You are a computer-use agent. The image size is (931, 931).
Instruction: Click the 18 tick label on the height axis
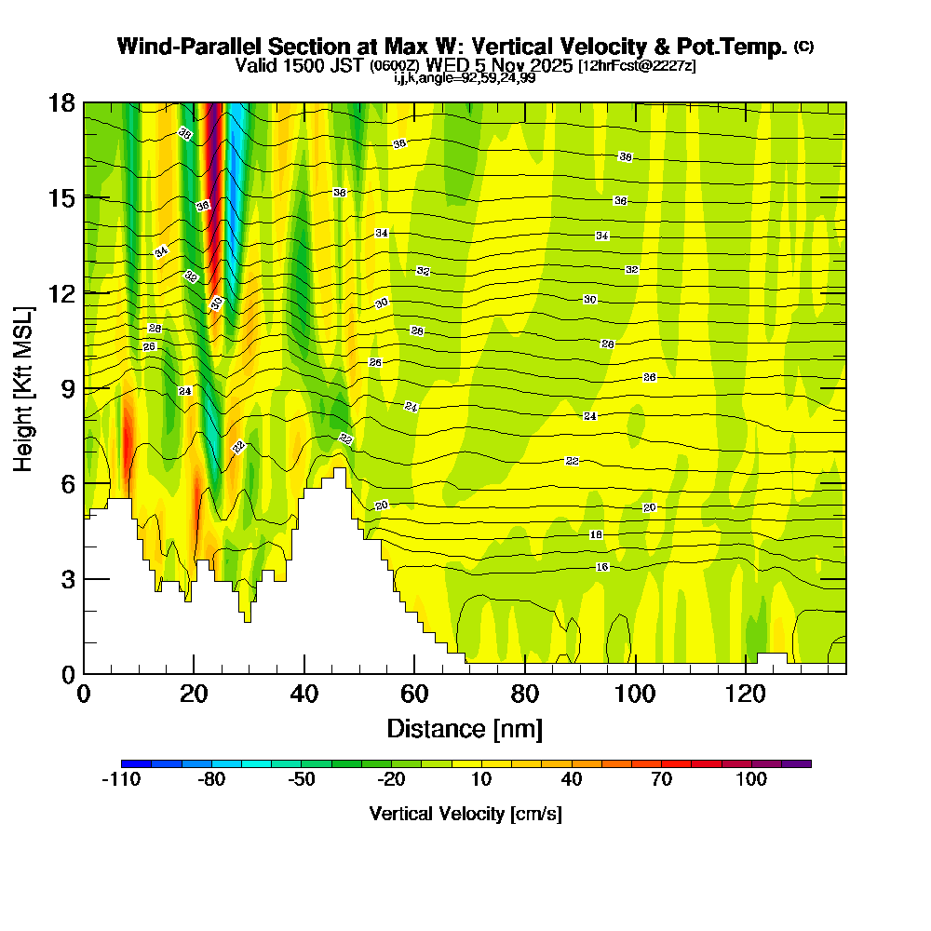[61, 102]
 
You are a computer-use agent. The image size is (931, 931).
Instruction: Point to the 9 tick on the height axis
[84, 388]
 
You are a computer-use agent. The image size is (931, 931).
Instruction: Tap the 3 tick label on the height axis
[67, 579]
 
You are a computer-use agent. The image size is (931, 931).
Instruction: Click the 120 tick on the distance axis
[746, 673]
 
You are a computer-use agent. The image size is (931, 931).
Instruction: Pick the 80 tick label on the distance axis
[525, 695]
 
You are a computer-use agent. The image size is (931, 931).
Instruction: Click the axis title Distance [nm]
[465, 727]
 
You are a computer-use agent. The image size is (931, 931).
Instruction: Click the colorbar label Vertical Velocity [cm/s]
[465, 814]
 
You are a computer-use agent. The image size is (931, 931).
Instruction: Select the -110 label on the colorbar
[120, 780]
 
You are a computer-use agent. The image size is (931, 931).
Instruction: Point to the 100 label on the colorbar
[751, 780]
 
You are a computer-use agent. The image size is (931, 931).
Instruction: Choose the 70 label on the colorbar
[662, 780]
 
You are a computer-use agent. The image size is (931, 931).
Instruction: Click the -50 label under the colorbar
[302, 780]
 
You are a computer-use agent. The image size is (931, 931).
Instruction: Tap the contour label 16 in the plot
[602, 567]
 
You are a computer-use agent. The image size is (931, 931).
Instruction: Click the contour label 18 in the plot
[597, 535]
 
